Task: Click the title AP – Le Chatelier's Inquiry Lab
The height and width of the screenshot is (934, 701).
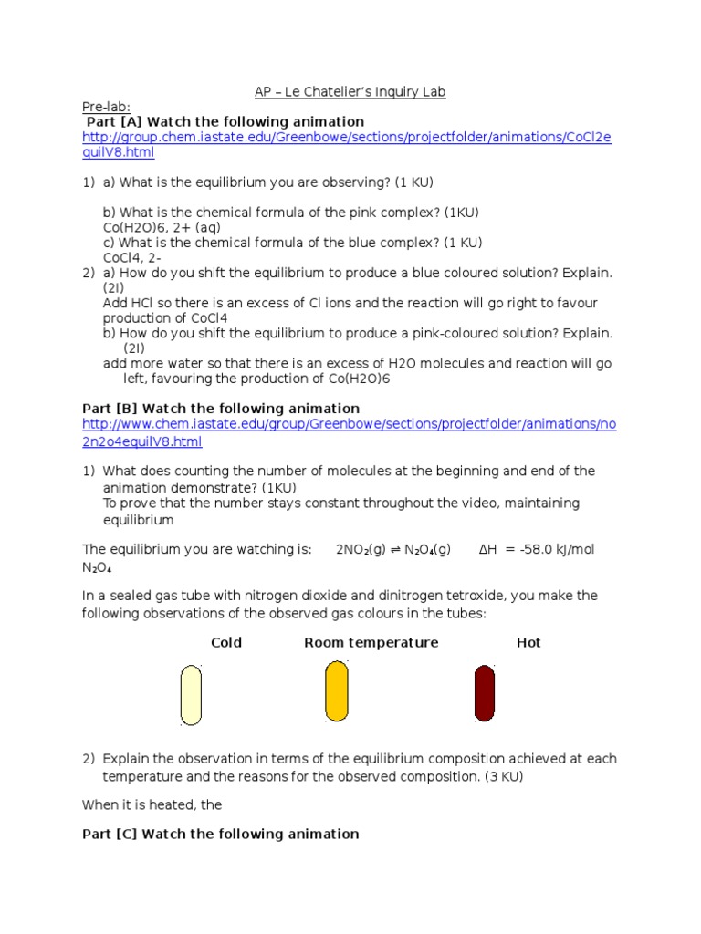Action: click(x=350, y=92)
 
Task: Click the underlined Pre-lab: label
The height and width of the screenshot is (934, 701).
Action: click(x=106, y=107)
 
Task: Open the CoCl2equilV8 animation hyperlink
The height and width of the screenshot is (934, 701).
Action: click(x=347, y=144)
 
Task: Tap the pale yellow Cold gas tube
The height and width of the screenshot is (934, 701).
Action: click(x=191, y=694)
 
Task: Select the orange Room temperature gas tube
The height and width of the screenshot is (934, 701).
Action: click(x=336, y=690)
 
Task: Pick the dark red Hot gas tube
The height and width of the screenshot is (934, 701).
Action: click(x=484, y=693)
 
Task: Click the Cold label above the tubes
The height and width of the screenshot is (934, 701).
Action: click(x=226, y=642)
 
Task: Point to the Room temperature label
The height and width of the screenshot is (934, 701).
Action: click(x=371, y=642)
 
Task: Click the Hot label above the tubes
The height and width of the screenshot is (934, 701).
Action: click(x=528, y=642)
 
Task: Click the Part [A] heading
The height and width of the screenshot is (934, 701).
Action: click(x=225, y=121)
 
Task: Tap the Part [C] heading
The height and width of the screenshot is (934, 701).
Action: click(x=221, y=834)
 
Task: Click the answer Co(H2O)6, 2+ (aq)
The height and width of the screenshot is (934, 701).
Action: click(x=162, y=227)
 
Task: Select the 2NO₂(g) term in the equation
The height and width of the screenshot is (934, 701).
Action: click(x=362, y=549)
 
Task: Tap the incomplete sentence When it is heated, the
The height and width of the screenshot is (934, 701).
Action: click(x=152, y=804)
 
